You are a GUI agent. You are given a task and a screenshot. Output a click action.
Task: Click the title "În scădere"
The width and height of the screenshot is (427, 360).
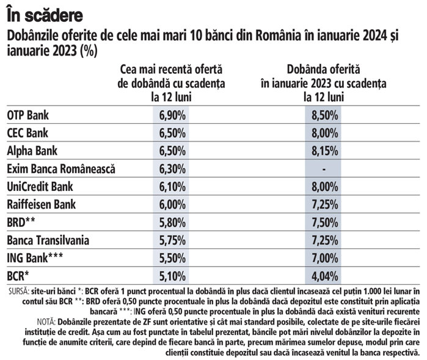pyautogui.click(x=46, y=12)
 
